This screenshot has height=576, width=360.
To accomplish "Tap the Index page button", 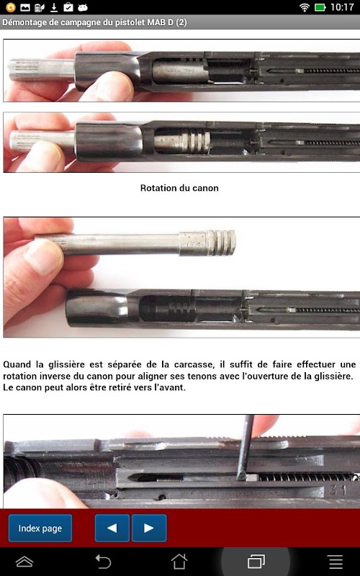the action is [x=40, y=528].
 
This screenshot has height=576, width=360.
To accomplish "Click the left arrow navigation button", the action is [x=112, y=528].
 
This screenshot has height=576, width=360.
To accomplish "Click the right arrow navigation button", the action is [x=149, y=528].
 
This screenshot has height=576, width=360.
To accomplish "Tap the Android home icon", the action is [x=179, y=562].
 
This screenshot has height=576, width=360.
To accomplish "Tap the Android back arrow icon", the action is [x=103, y=562].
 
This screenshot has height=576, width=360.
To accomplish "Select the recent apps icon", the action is [x=256, y=562].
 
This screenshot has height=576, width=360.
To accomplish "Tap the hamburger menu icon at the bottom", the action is [x=336, y=562].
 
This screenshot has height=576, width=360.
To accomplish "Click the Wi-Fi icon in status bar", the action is [x=305, y=7].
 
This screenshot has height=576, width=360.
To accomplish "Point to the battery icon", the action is [x=320, y=7].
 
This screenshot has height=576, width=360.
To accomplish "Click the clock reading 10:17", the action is [x=342, y=7].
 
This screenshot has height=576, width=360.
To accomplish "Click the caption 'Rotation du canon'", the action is [x=179, y=188].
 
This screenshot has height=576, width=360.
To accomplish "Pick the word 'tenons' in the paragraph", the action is [x=245, y=377].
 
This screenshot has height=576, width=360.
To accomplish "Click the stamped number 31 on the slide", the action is [x=338, y=490].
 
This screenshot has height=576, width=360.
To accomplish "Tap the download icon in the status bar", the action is [x=54, y=7].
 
